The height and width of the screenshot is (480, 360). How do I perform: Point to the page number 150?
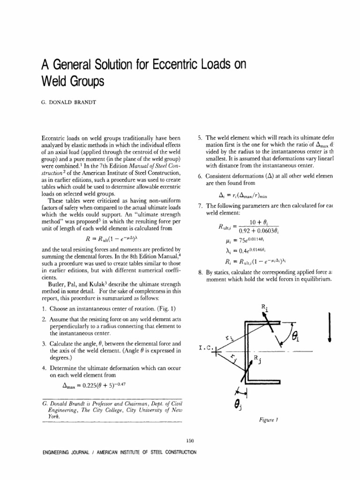[189, 440]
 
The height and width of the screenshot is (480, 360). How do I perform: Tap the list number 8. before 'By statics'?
[200, 272]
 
